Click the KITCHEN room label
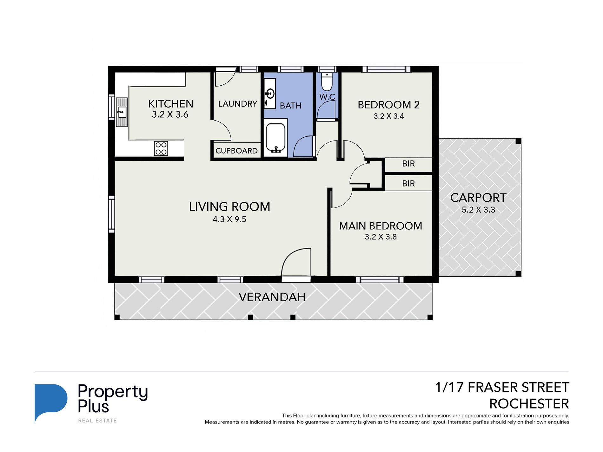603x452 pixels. (170, 104)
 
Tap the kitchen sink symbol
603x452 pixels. (122, 112)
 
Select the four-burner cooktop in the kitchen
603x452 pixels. (161, 148)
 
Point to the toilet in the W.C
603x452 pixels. (327, 82)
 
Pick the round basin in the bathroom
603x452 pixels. (270, 94)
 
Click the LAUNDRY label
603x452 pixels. (238, 104)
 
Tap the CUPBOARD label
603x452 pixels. (236, 151)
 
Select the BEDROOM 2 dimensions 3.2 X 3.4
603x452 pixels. (389, 116)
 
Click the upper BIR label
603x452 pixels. (408, 164)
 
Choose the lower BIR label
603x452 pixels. (408, 183)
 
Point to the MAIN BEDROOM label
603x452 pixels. (381, 226)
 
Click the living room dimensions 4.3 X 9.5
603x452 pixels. (229, 219)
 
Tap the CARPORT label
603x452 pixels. (478, 198)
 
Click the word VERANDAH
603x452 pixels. (272, 297)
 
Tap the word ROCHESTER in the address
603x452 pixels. (529, 404)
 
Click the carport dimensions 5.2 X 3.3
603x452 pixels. (478, 210)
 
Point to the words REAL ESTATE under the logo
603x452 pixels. (97, 421)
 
